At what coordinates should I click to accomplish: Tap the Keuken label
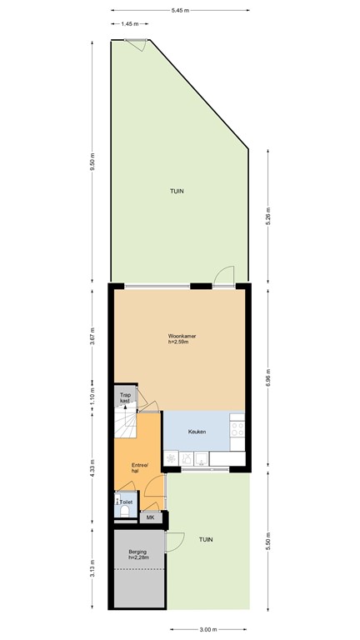pos(197,432)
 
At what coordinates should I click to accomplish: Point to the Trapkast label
pos(125,398)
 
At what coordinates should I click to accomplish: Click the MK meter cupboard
pos(151,518)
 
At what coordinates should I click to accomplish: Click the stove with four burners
pos(237,431)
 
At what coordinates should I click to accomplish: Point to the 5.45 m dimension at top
pos(180,10)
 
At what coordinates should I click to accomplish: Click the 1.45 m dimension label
pos(130,24)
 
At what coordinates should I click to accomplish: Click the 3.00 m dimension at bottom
pos(208,629)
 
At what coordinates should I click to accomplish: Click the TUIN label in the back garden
pos(177,191)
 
